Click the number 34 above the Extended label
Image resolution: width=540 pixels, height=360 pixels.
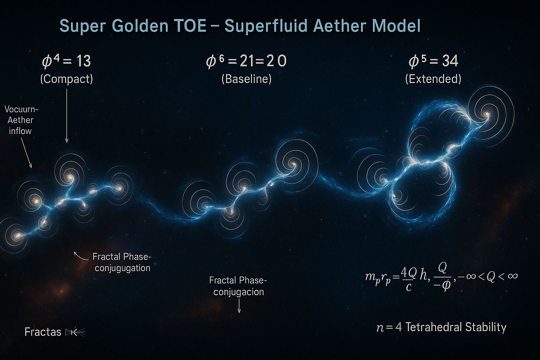click(450, 61)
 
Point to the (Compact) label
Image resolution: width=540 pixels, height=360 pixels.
click(66, 79)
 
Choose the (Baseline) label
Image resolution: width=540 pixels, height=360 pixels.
click(246, 79)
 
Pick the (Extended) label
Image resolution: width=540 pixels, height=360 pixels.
click(433, 79)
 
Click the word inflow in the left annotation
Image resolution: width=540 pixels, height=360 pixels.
click(20, 131)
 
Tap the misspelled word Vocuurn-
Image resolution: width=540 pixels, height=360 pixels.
click(21, 109)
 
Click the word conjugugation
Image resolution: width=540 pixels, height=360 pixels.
click(122, 268)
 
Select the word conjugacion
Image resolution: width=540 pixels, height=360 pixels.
click(239, 292)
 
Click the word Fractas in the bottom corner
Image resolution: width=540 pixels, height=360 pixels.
click(43, 332)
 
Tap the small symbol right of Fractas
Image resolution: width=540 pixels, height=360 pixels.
click(76, 333)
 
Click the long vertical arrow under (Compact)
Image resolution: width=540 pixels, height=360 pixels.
click(67, 116)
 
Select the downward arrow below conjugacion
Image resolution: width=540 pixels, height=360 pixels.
click(239, 306)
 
